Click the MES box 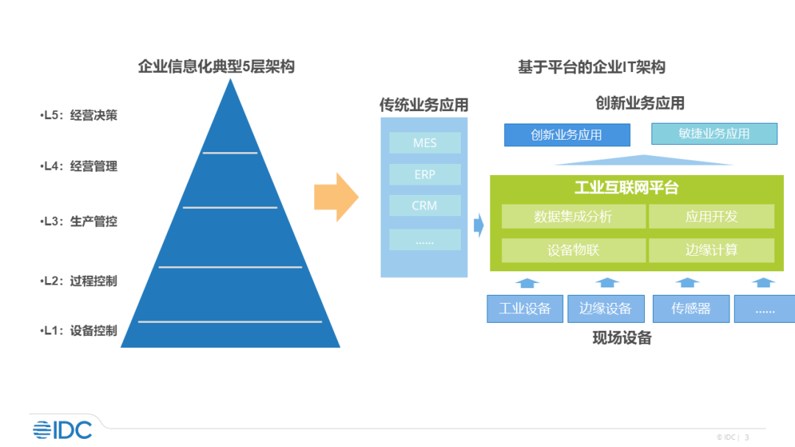click(425, 143)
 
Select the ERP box click(425, 174)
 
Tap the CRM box click(425, 206)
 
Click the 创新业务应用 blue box click(567, 135)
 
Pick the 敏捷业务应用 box click(714, 134)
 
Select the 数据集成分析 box click(573, 217)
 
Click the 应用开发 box click(711, 217)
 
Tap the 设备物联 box click(573, 250)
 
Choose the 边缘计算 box click(711, 250)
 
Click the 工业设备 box click(525, 309)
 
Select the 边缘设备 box click(606, 309)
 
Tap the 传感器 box click(690, 309)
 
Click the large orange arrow click(336, 197)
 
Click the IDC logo click(62, 429)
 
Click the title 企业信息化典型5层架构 click(216, 67)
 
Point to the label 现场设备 click(622, 339)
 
